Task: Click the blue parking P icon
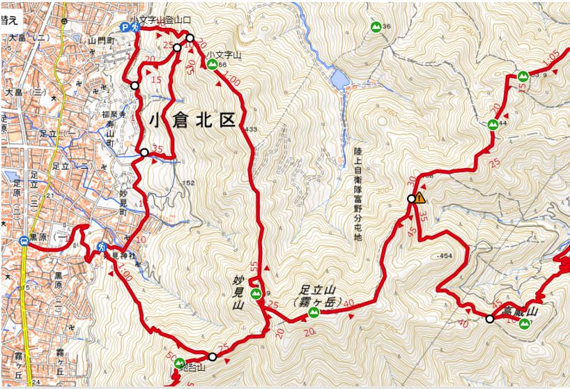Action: pos(126,27)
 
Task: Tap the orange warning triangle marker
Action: pos(420,199)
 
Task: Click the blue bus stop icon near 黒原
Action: pos(24,242)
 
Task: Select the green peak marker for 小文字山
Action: pos(212,65)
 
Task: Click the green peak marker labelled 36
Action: pos(376,28)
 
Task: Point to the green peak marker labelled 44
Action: pos(493,125)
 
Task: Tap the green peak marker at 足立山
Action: pos(314,312)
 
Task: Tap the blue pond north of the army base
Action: pos(339,78)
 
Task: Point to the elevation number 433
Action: pos(251,130)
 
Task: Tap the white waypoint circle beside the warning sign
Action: pos(411,199)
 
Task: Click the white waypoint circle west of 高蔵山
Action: pos(490,319)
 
